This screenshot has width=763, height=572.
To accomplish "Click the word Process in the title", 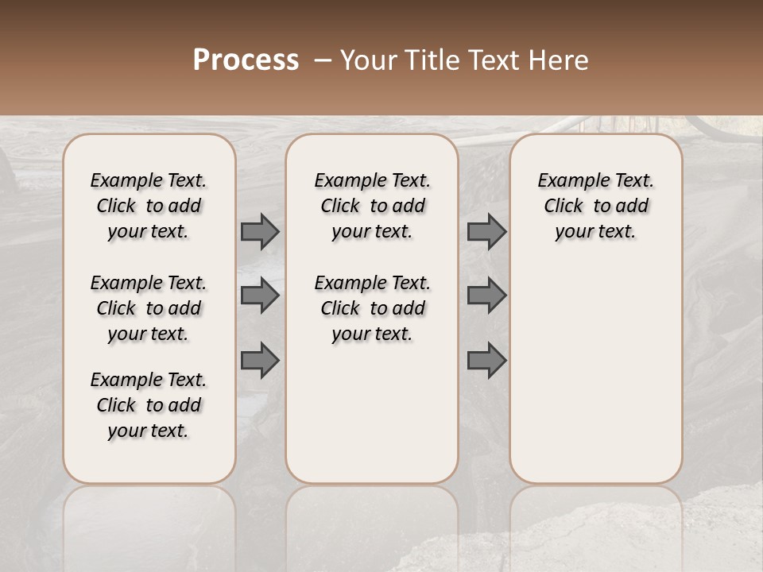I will click(246, 60).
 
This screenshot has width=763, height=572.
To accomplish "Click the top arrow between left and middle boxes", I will click(260, 231).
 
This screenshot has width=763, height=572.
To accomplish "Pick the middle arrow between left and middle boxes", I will click(260, 296).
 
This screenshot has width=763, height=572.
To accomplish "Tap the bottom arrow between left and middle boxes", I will click(260, 360).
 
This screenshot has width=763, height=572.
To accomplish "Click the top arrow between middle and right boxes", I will click(486, 231).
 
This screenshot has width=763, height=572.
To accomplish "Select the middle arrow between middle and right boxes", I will click(486, 296).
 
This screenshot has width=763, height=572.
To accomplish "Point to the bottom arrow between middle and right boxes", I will click(486, 360).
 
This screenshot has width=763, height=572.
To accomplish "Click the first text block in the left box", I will click(149, 206).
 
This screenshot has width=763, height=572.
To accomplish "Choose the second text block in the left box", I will click(149, 308).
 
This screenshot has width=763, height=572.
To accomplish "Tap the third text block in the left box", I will click(149, 405).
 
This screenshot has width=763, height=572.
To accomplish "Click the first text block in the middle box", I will click(372, 206).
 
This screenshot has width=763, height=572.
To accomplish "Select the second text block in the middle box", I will click(372, 308).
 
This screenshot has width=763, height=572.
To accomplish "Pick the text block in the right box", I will click(595, 206).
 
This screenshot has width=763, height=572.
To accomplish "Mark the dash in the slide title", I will click(323, 60).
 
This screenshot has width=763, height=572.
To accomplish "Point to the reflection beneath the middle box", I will click(372, 524).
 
